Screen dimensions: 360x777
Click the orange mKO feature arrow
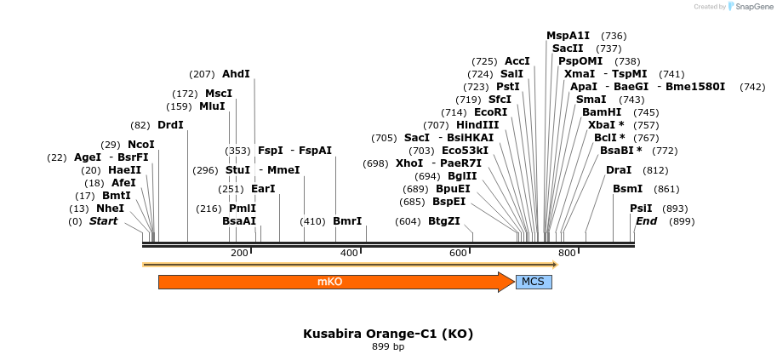tap(332, 282)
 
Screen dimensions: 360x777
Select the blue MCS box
tap(534, 282)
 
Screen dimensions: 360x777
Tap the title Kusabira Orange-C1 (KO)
tap(388, 334)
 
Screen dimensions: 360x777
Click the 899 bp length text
tap(388, 346)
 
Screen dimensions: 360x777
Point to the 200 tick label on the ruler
tap(239, 253)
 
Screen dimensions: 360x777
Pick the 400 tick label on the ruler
tap(349, 253)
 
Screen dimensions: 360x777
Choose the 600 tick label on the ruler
tap(458, 253)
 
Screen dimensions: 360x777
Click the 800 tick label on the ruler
tap(567, 253)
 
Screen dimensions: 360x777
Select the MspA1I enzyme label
tap(568, 36)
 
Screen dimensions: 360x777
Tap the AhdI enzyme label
tap(236, 74)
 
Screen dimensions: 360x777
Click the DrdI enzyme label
tap(170, 125)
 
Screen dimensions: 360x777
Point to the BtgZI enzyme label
tap(443, 221)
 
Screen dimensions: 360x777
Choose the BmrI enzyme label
tap(347, 221)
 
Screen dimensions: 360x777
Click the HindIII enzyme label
tap(477, 125)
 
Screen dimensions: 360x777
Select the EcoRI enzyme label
tap(490, 112)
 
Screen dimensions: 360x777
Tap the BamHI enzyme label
tap(602, 112)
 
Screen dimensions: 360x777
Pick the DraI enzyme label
tap(619, 170)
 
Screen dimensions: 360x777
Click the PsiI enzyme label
tap(641, 209)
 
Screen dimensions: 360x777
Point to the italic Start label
tap(103, 221)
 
